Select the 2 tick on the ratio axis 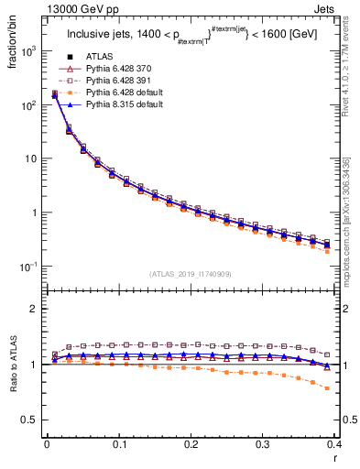point(35,309)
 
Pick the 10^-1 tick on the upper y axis point(29,267)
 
